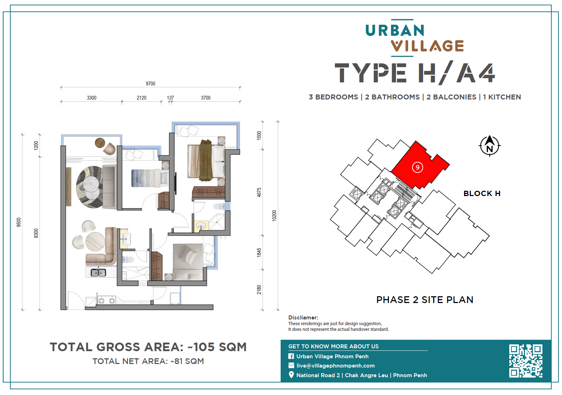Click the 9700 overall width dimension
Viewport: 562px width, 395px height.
click(151, 84)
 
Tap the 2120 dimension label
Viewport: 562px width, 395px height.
click(141, 98)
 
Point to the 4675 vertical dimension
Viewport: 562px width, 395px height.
click(259, 193)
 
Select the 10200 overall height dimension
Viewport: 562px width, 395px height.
click(274, 215)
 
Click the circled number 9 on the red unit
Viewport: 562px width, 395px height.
click(417, 167)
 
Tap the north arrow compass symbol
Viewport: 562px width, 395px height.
click(489, 146)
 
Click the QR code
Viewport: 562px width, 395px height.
click(526, 361)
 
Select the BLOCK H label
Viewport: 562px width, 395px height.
click(482, 193)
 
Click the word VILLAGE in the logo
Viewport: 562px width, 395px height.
click(427, 46)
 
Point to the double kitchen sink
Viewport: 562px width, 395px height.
click(98, 272)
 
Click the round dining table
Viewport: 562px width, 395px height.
click(95, 241)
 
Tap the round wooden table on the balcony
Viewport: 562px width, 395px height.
click(100, 143)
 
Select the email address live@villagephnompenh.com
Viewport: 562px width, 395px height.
click(335, 366)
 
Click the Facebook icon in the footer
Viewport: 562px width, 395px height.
click(291, 356)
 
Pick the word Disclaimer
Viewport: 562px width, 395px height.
click(303, 317)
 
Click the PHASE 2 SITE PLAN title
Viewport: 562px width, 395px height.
click(425, 299)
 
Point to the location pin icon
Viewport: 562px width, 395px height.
click(291, 375)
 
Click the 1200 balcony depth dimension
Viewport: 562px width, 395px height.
click(36, 146)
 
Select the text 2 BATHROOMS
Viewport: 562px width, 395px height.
click(392, 97)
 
